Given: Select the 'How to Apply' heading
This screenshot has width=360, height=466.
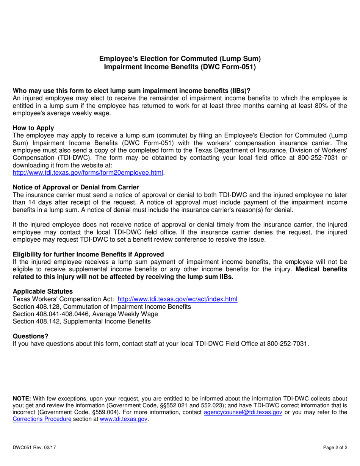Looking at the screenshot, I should pyautogui.click(x=33, y=128).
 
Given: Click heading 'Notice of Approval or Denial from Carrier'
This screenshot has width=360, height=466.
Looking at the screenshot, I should pyautogui.click(x=76, y=187).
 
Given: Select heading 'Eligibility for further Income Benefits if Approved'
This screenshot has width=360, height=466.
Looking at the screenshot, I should pyautogui.click(x=88, y=254).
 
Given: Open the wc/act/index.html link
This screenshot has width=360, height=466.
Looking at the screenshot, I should pyautogui.click(x=178, y=299).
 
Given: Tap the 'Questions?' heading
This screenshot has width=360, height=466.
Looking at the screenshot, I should pyautogui.click(x=31, y=336).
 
